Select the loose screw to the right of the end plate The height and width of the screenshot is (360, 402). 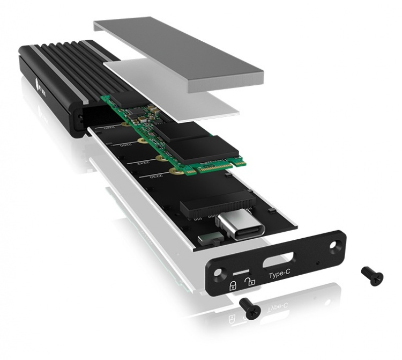[372, 276]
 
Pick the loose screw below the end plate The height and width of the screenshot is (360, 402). [249, 307]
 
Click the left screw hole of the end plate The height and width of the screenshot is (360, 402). [218, 273]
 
